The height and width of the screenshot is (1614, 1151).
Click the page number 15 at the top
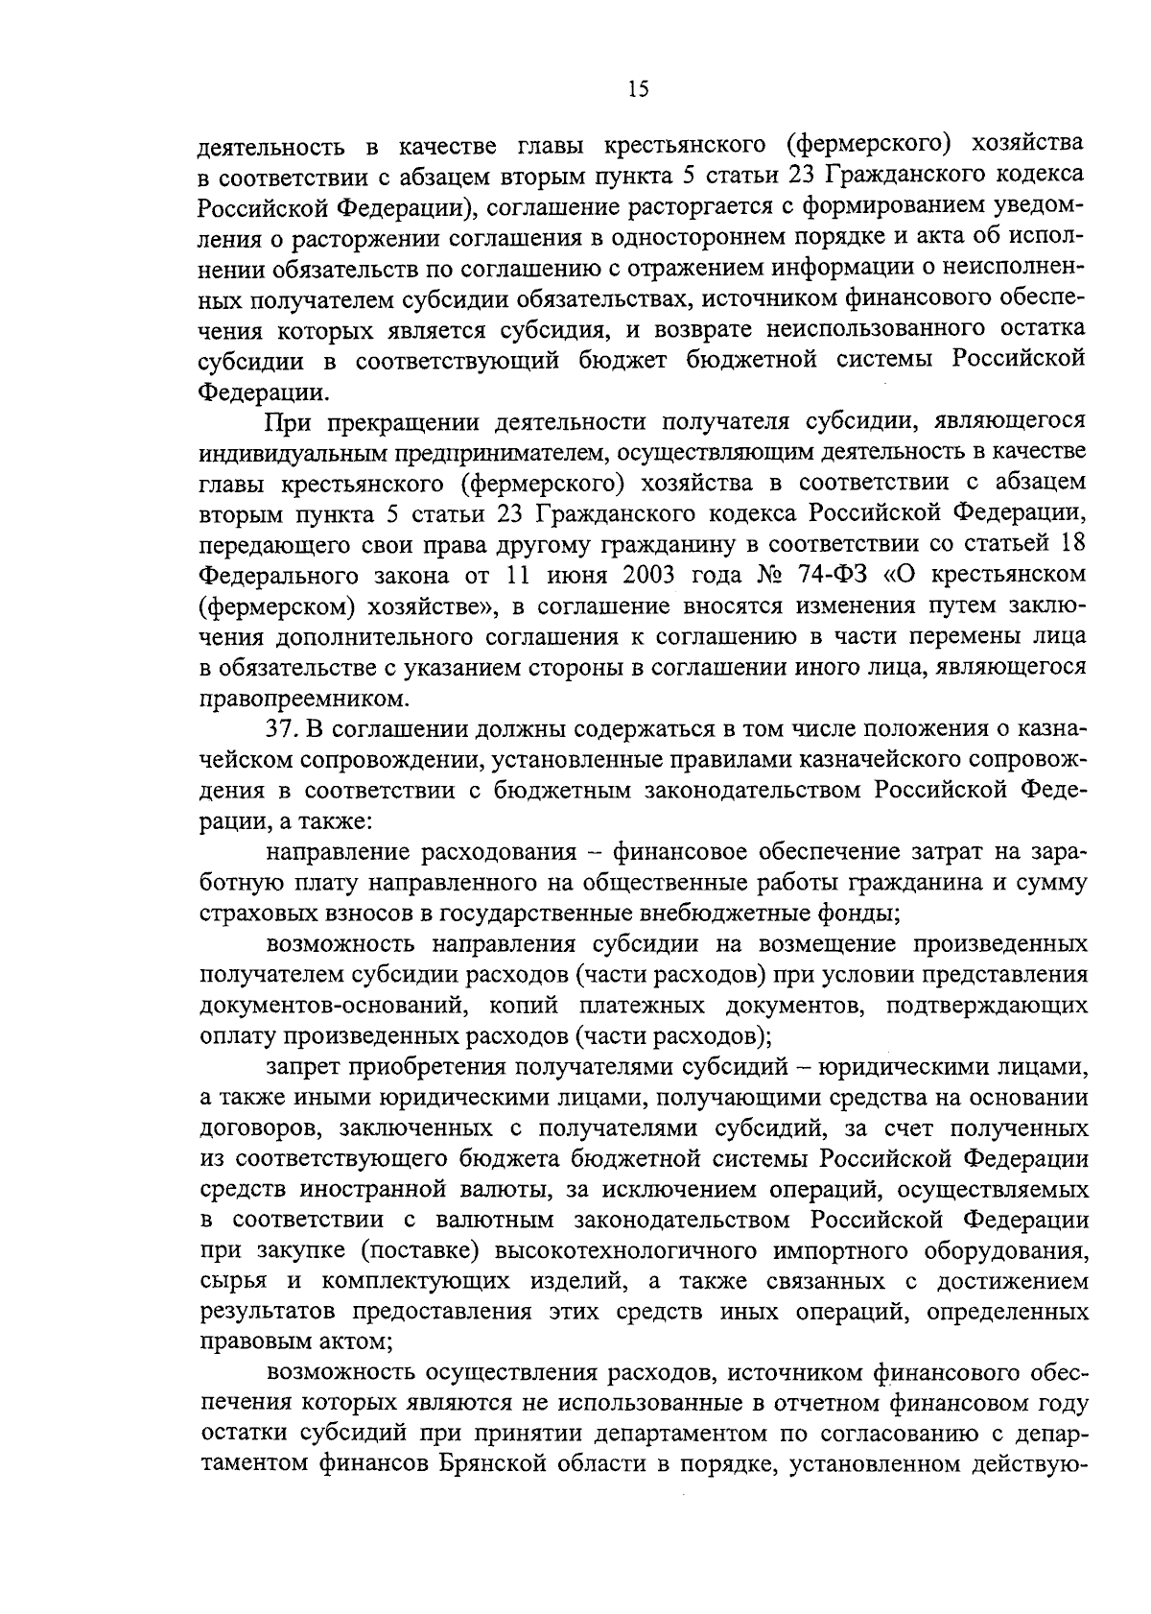click(638, 89)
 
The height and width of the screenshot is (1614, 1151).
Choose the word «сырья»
click(227, 1282)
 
